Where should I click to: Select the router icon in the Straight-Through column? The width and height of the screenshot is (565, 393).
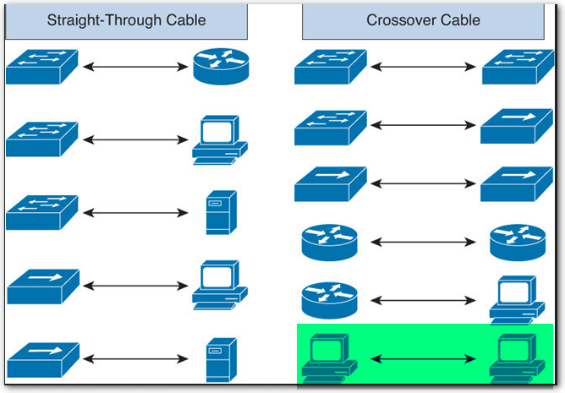pos(221,66)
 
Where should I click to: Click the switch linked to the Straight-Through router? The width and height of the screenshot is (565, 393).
pos(42,66)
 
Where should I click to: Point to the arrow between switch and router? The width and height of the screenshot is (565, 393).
pos(133,67)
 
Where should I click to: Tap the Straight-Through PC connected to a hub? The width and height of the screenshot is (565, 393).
pos(219,285)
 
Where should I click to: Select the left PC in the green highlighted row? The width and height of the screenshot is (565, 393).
pos(329,358)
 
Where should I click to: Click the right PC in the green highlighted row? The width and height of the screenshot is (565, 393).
pos(517,358)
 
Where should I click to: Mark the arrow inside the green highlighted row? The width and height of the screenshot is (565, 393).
pos(423,359)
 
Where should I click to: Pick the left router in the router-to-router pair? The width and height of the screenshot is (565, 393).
pos(330,242)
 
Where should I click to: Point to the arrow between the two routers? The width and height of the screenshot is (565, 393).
pos(423,243)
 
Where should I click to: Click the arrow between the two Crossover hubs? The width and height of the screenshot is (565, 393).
pos(423,183)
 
